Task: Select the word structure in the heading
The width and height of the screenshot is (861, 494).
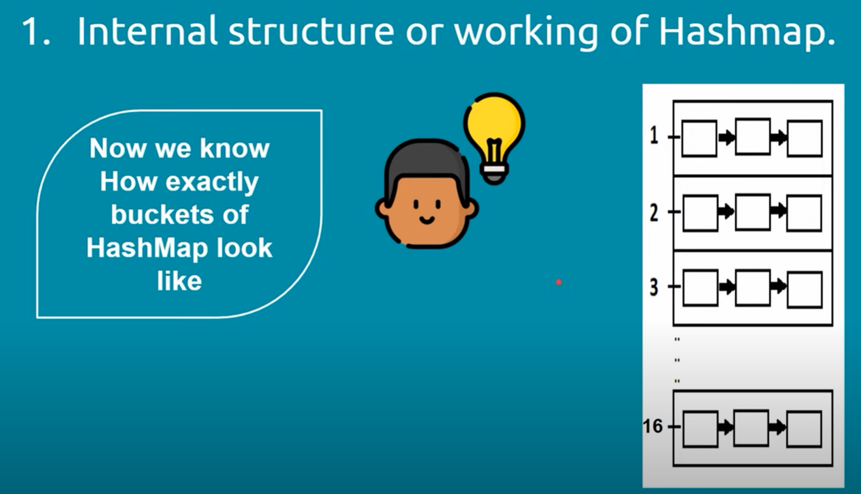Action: (311, 31)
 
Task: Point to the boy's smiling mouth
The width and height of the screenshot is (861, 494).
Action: (427, 220)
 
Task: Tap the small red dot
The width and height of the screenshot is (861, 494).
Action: (559, 282)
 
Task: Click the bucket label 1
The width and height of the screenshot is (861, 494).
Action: (654, 136)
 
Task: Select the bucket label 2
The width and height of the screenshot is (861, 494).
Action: (654, 212)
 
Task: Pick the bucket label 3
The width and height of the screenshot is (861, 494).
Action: (654, 287)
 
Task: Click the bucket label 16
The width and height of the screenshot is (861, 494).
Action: (652, 426)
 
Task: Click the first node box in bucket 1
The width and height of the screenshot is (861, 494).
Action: (699, 138)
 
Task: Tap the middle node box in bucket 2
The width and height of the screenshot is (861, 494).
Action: (753, 213)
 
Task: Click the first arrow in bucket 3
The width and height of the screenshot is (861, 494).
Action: (727, 286)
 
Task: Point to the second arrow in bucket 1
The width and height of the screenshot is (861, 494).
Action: (778, 137)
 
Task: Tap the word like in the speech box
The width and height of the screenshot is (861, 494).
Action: (179, 281)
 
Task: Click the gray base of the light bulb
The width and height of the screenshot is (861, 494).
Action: (495, 174)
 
